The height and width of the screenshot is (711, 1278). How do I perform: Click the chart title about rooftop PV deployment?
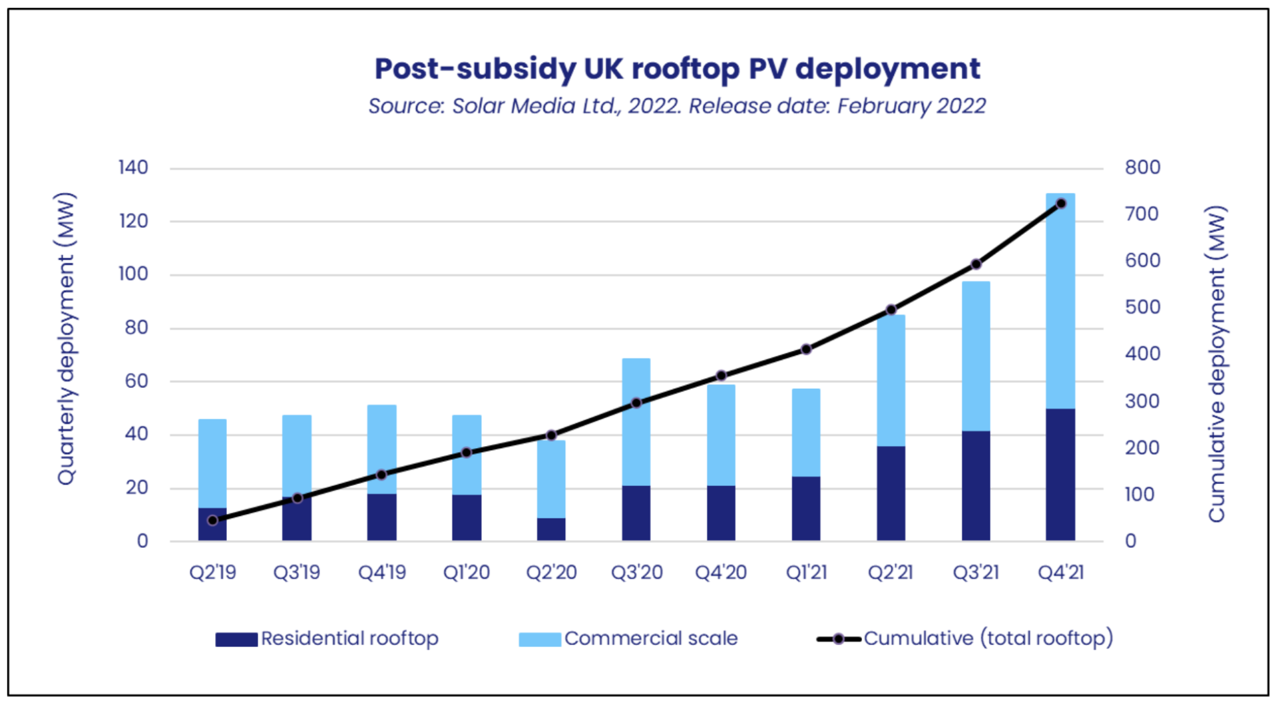point(677,69)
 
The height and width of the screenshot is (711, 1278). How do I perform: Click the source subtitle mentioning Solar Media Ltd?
point(677,106)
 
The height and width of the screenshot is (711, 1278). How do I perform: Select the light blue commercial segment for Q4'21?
point(1060,300)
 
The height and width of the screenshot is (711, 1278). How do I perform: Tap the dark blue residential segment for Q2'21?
point(891,493)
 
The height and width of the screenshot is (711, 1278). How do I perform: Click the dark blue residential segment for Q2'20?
point(551,529)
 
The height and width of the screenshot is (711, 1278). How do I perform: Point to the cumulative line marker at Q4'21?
point(1061,204)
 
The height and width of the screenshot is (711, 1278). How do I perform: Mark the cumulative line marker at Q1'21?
point(806,349)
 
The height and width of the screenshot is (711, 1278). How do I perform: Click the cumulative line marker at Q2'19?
point(212,520)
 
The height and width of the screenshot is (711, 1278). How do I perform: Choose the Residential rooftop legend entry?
point(327,638)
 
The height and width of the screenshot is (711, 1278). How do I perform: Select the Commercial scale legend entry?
point(628,638)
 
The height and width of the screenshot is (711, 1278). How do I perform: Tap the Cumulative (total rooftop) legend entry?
point(964,638)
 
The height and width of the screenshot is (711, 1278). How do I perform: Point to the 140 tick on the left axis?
point(133,168)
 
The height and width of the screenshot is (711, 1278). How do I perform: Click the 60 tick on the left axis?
point(136,381)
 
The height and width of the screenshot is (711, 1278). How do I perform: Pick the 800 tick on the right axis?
point(1142,168)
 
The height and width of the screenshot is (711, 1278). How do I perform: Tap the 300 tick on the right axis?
point(1142,401)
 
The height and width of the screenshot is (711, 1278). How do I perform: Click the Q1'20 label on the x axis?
point(467,573)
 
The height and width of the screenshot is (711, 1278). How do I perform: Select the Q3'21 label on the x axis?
point(976,573)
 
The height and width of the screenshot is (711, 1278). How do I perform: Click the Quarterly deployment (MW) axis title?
point(66,338)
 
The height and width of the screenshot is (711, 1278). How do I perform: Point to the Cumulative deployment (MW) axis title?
point(1217,363)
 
